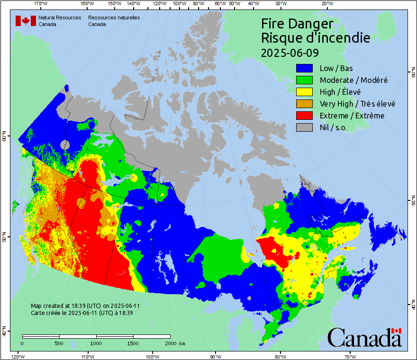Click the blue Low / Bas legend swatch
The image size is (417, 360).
coord(304,68)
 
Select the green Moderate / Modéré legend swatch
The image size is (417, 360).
coord(304,80)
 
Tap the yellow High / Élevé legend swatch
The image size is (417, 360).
coord(304,92)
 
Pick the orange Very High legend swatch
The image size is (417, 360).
coord(304,104)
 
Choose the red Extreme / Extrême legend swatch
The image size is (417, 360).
coord(304,116)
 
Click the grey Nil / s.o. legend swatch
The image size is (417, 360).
coord(304,127)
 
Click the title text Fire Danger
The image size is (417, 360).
coord(297,24)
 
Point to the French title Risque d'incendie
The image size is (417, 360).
coord(316,38)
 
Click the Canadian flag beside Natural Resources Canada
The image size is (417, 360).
coord(26,20)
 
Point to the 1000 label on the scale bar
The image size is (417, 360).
coord(96,343)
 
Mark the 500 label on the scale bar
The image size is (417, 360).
coord(59,343)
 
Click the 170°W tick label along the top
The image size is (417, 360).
coord(41,4)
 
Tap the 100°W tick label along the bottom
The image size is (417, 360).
coord(152,356)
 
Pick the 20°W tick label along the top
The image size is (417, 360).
coord(326,4)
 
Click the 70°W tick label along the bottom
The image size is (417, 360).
coord(349,356)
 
